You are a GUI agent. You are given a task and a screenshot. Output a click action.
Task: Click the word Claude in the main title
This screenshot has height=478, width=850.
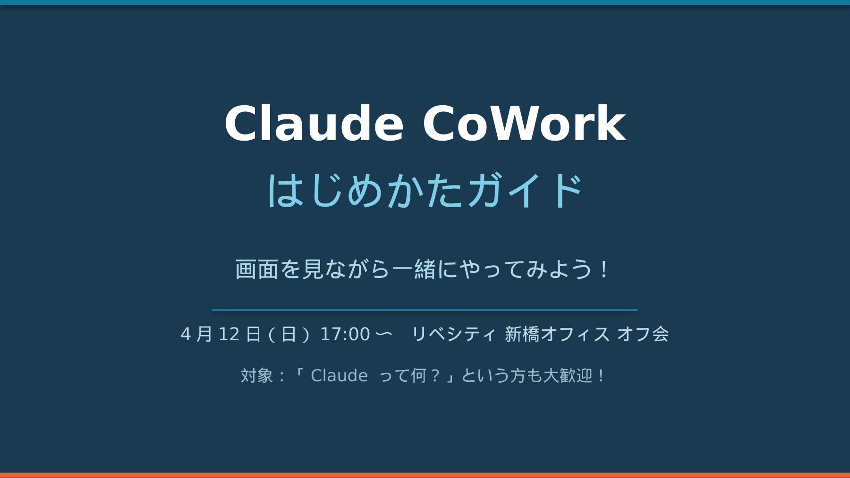pyautogui.click(x=314, y=123)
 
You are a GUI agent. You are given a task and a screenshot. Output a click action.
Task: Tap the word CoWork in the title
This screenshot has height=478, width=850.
pyautogui.click(x=524, y=123)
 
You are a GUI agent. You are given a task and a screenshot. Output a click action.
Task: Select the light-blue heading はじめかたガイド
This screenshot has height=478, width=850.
pyautogui.click(x=425, y=190)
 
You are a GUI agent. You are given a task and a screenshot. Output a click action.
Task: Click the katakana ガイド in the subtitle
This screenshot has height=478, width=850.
pyautogui.click(x=525, y=190)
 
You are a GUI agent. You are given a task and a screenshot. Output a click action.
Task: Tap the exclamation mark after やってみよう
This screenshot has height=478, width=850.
pyautogui.click(x=604, y=269)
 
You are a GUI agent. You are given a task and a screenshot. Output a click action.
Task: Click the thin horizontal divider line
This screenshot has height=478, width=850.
pyautogui.click(x=425, y=310)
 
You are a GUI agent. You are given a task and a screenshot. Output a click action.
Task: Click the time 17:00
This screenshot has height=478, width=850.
pyautogui.click(x=345, y=334)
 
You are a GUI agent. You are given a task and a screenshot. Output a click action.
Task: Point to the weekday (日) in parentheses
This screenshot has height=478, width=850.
pyautogui.click(x=289, y=334)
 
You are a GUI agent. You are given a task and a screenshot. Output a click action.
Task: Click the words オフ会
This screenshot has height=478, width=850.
pyautogui.click(x=643, y=334)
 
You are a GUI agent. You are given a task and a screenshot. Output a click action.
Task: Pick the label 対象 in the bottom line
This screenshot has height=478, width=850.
pyautogui.click(x=257, y=376)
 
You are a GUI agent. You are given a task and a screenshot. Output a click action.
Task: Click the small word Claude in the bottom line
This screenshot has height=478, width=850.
pyautogui.click(x=339, y=376)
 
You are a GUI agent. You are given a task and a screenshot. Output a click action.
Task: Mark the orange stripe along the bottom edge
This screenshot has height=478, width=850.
pyautogui.click(x=425, y=475)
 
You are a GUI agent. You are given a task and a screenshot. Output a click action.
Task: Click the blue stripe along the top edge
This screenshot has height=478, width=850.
pyautogui.click(x=425, y=2)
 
